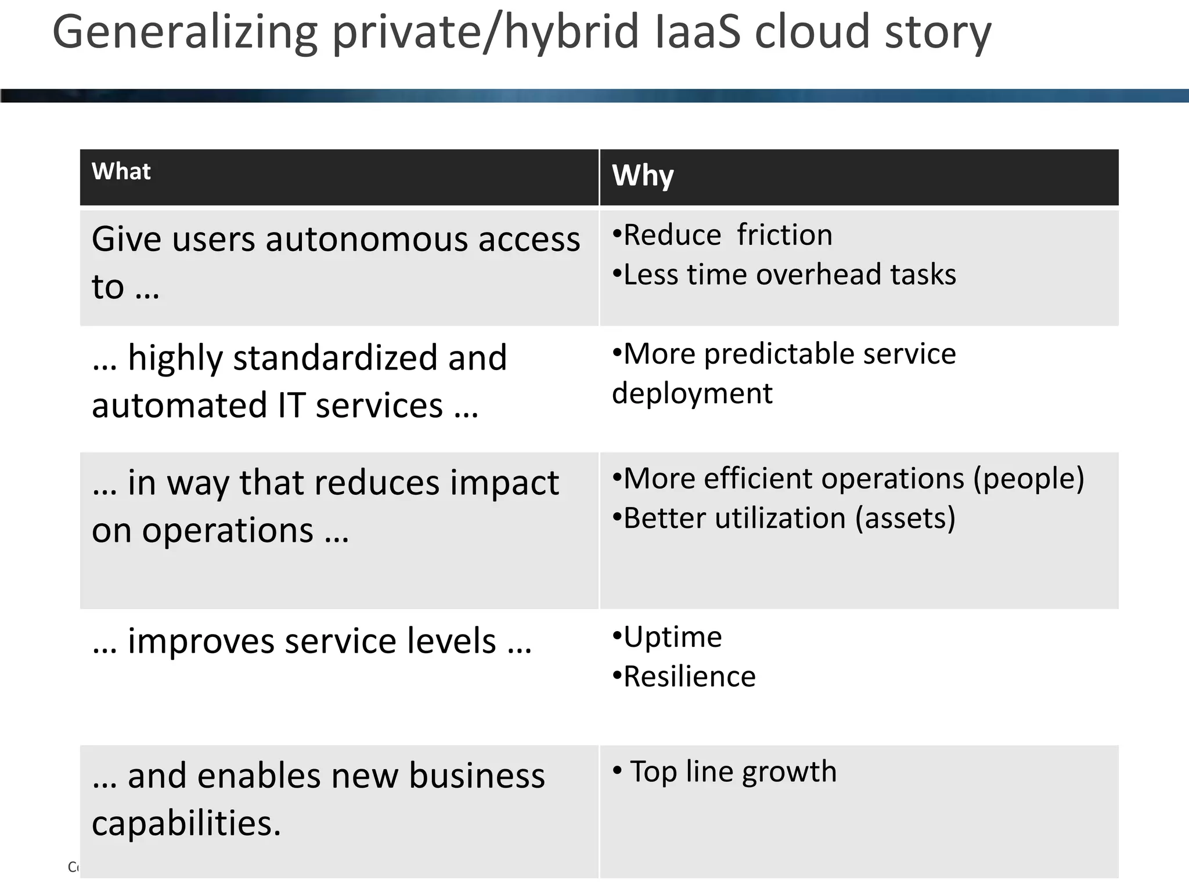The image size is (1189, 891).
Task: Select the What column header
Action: [121, 172]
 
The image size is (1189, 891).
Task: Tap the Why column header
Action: [643, 175]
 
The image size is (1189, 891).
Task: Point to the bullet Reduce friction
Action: [723, 235]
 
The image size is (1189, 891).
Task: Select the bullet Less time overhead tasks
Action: [784, 274]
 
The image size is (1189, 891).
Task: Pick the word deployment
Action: [692, 394]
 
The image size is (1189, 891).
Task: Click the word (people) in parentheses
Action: [1028, 479]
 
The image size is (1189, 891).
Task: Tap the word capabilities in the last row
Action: [186, 824]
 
